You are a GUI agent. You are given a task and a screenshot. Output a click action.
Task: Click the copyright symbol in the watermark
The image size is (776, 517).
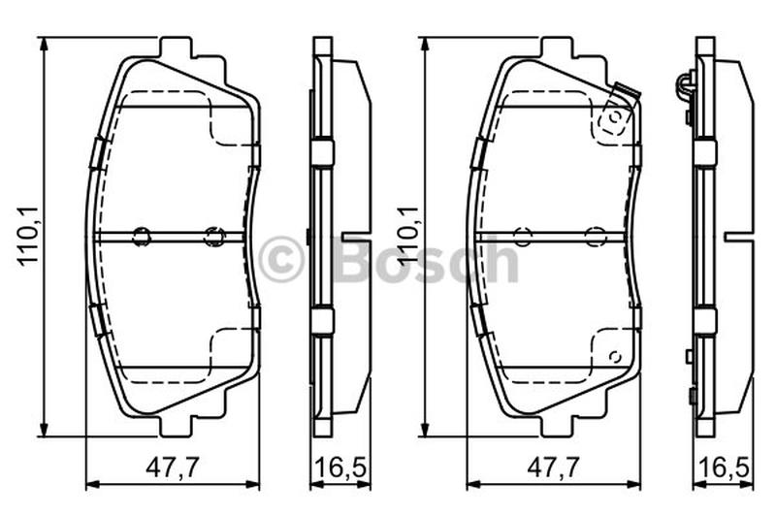click(x=279, y=258)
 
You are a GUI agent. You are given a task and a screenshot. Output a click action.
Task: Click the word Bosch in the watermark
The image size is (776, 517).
click(x=427, y=258)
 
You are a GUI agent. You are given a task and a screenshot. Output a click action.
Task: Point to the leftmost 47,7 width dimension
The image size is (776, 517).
click(x=173, y=467)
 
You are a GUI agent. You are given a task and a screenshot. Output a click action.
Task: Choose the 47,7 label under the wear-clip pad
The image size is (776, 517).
click(x=552, y=467)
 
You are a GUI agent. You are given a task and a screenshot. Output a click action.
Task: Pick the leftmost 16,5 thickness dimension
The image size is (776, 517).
click(x=340, y=467)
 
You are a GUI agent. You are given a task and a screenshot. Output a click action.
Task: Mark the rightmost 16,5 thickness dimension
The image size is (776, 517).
click(x=724, y=467)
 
